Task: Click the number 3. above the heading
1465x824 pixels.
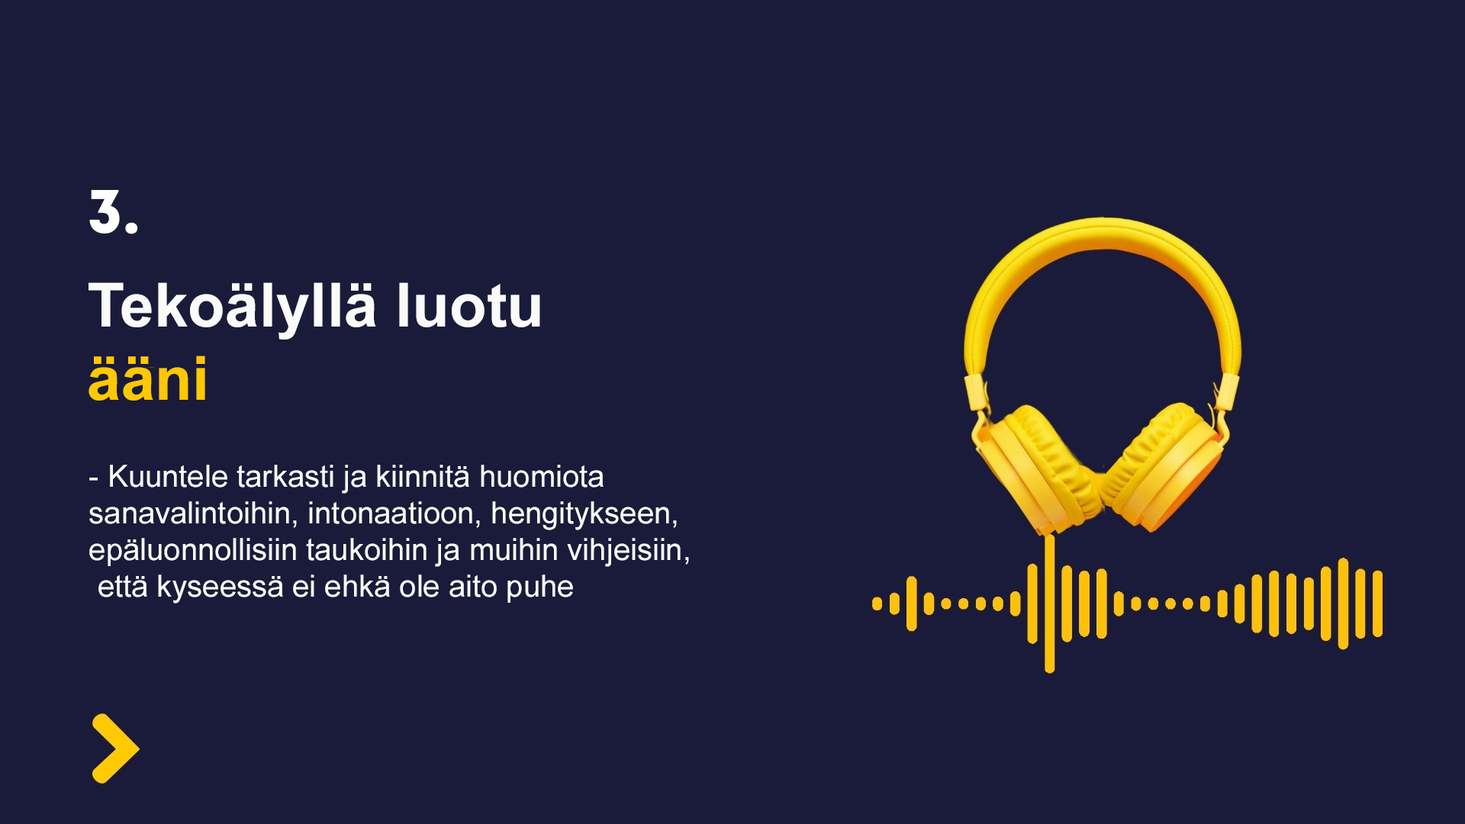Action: pos(114,212)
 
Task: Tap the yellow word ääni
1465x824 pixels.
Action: pos(148,379)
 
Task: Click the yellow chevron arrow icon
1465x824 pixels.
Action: pos(115,748)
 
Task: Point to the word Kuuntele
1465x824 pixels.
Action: pos(168,477)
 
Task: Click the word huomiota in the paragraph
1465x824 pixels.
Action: pos(541,477)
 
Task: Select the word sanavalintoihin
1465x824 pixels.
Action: pos(193,513)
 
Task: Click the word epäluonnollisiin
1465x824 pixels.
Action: pos(193,551)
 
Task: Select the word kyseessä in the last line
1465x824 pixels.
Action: pos(220,587)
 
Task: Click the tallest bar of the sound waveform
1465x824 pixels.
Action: pos(1050,604)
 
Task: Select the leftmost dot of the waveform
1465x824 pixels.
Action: pos(877,604)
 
